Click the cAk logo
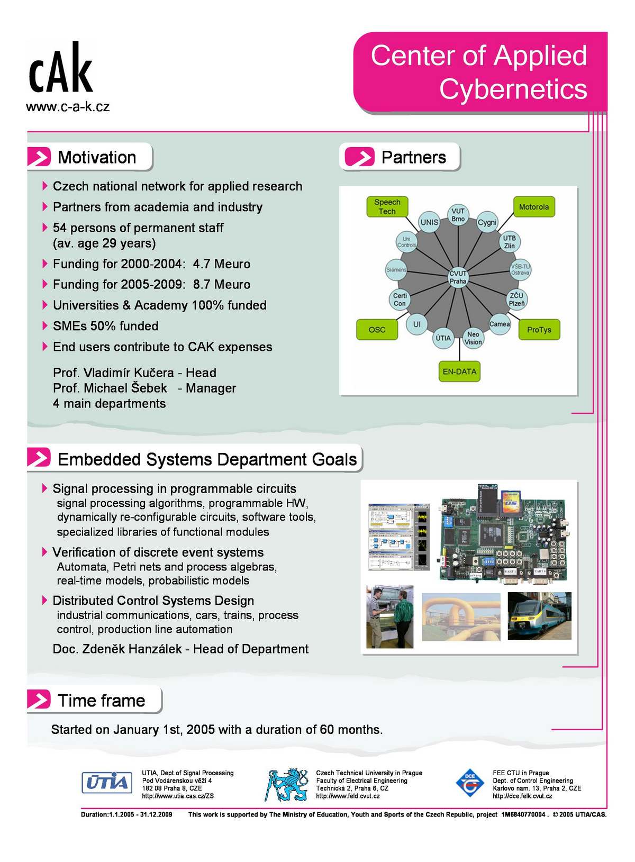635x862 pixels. [x=60, y=68]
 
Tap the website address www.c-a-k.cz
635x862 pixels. [x=68, y=106]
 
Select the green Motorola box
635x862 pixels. [x=534, y=207]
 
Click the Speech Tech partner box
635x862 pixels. [x=387, y=207]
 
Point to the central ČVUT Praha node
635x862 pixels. [x=458, y=277]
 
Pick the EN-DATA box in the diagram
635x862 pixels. [x=459, y=371]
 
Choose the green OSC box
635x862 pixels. [x=377, y=330]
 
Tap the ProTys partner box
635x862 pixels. [x=539, y=330]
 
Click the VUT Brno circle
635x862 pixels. [x=458, y=215]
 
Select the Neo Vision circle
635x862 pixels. [x=473, y=338]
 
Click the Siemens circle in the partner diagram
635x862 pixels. [x=396, y=270]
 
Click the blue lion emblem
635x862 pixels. [x=286, y=784]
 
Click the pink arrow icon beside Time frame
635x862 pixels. [x=39, y=699]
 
